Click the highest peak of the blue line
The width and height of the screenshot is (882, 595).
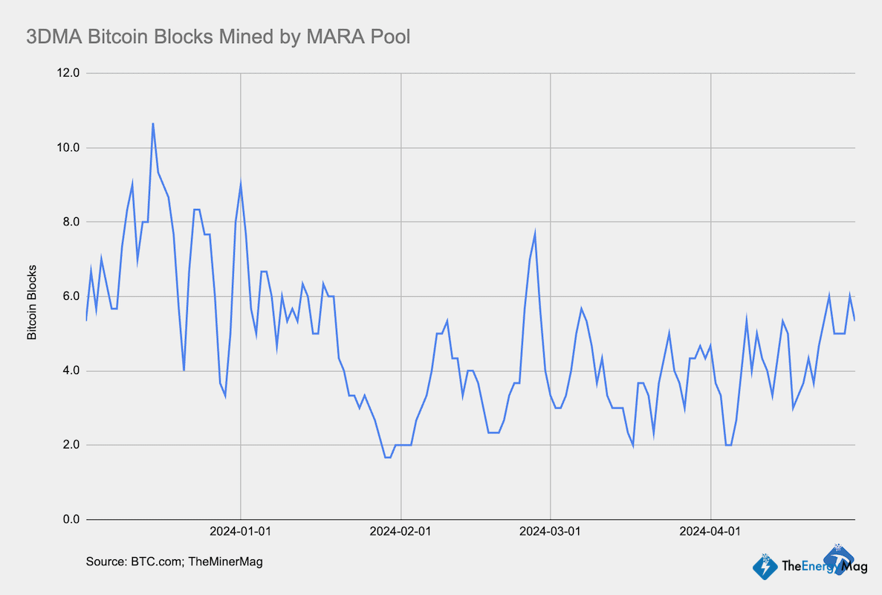tap(153, 123)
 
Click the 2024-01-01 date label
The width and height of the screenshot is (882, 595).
tap(241, 532)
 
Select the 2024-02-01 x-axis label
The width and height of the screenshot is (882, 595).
tap(401, 532)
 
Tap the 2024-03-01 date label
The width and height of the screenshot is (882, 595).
tap(551, 532)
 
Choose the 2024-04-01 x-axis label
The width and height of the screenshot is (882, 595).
tap(711, 532)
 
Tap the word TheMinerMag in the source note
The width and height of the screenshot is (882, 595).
tap(226, 562)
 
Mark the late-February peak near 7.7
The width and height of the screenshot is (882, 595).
tap(535, 233)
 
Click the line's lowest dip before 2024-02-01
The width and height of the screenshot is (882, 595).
tap(387, 457)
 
